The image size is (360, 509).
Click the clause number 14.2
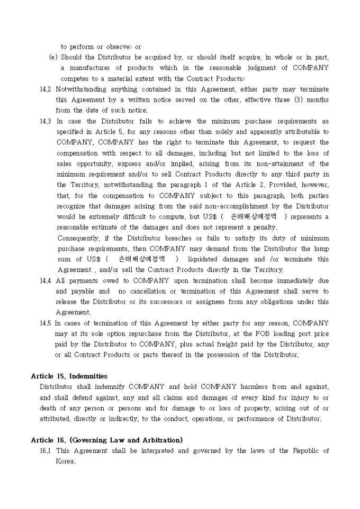point(46,89)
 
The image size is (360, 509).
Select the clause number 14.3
point(46,121)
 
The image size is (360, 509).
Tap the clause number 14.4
point(46,280)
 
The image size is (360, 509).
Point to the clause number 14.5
point(46,323)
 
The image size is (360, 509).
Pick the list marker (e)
point(53,57)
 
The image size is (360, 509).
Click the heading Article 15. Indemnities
point(69,376)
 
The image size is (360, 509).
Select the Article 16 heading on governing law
point(107,440)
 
